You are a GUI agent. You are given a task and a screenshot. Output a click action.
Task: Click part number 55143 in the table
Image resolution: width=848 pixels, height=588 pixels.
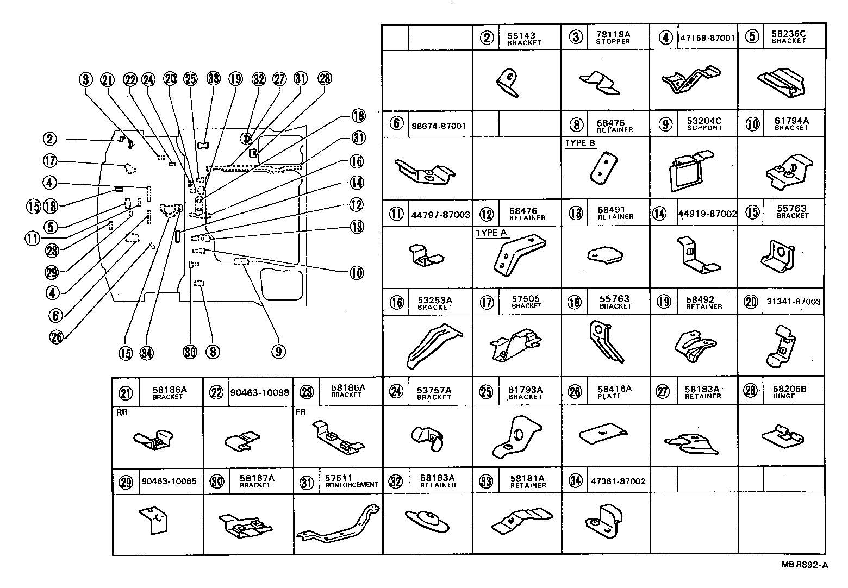pyautogui.click(x=521, y=35)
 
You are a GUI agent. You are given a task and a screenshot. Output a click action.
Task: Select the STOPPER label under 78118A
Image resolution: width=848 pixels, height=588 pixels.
pyautogui.click(x=613, y=42)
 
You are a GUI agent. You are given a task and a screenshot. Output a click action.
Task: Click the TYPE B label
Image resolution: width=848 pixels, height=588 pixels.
pyautogui.click(x=579, y=143)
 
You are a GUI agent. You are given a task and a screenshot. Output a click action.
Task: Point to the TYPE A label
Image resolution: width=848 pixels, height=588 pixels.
pyautogui.click(x=491, y=233)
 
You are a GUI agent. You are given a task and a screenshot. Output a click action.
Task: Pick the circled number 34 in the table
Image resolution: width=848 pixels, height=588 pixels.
pyautogui.click(x=575, y=481)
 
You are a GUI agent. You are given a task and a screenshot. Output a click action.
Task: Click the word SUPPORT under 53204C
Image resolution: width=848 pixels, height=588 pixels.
pyautogui.click(x=704, y=128)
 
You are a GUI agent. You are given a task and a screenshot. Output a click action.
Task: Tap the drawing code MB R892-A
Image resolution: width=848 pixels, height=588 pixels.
pyautogui.click(x=804, y=565)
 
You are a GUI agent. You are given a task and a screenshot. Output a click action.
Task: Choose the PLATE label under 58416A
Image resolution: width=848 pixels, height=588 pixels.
pyautogui.click(x=609, y=396)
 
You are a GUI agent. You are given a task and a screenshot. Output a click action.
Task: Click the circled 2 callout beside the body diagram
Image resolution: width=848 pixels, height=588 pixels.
pyautogui.click(x=50, y=139)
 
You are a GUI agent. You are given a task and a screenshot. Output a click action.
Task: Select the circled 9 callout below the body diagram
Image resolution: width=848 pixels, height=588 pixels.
pyautogui.click(x=278, y=352)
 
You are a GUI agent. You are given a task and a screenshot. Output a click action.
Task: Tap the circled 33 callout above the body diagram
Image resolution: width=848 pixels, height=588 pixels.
pyautogui.click(x=214, y=79)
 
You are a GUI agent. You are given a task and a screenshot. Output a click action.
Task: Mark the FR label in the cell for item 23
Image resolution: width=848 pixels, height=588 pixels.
pyautogui.click(x=301, y=412)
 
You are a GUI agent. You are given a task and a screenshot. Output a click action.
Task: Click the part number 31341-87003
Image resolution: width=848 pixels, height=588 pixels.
pyautogui.click(x=794, y=302)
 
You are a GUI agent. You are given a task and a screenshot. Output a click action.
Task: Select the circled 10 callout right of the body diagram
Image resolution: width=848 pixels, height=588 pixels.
pyautogui.click(x=356, y=273)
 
